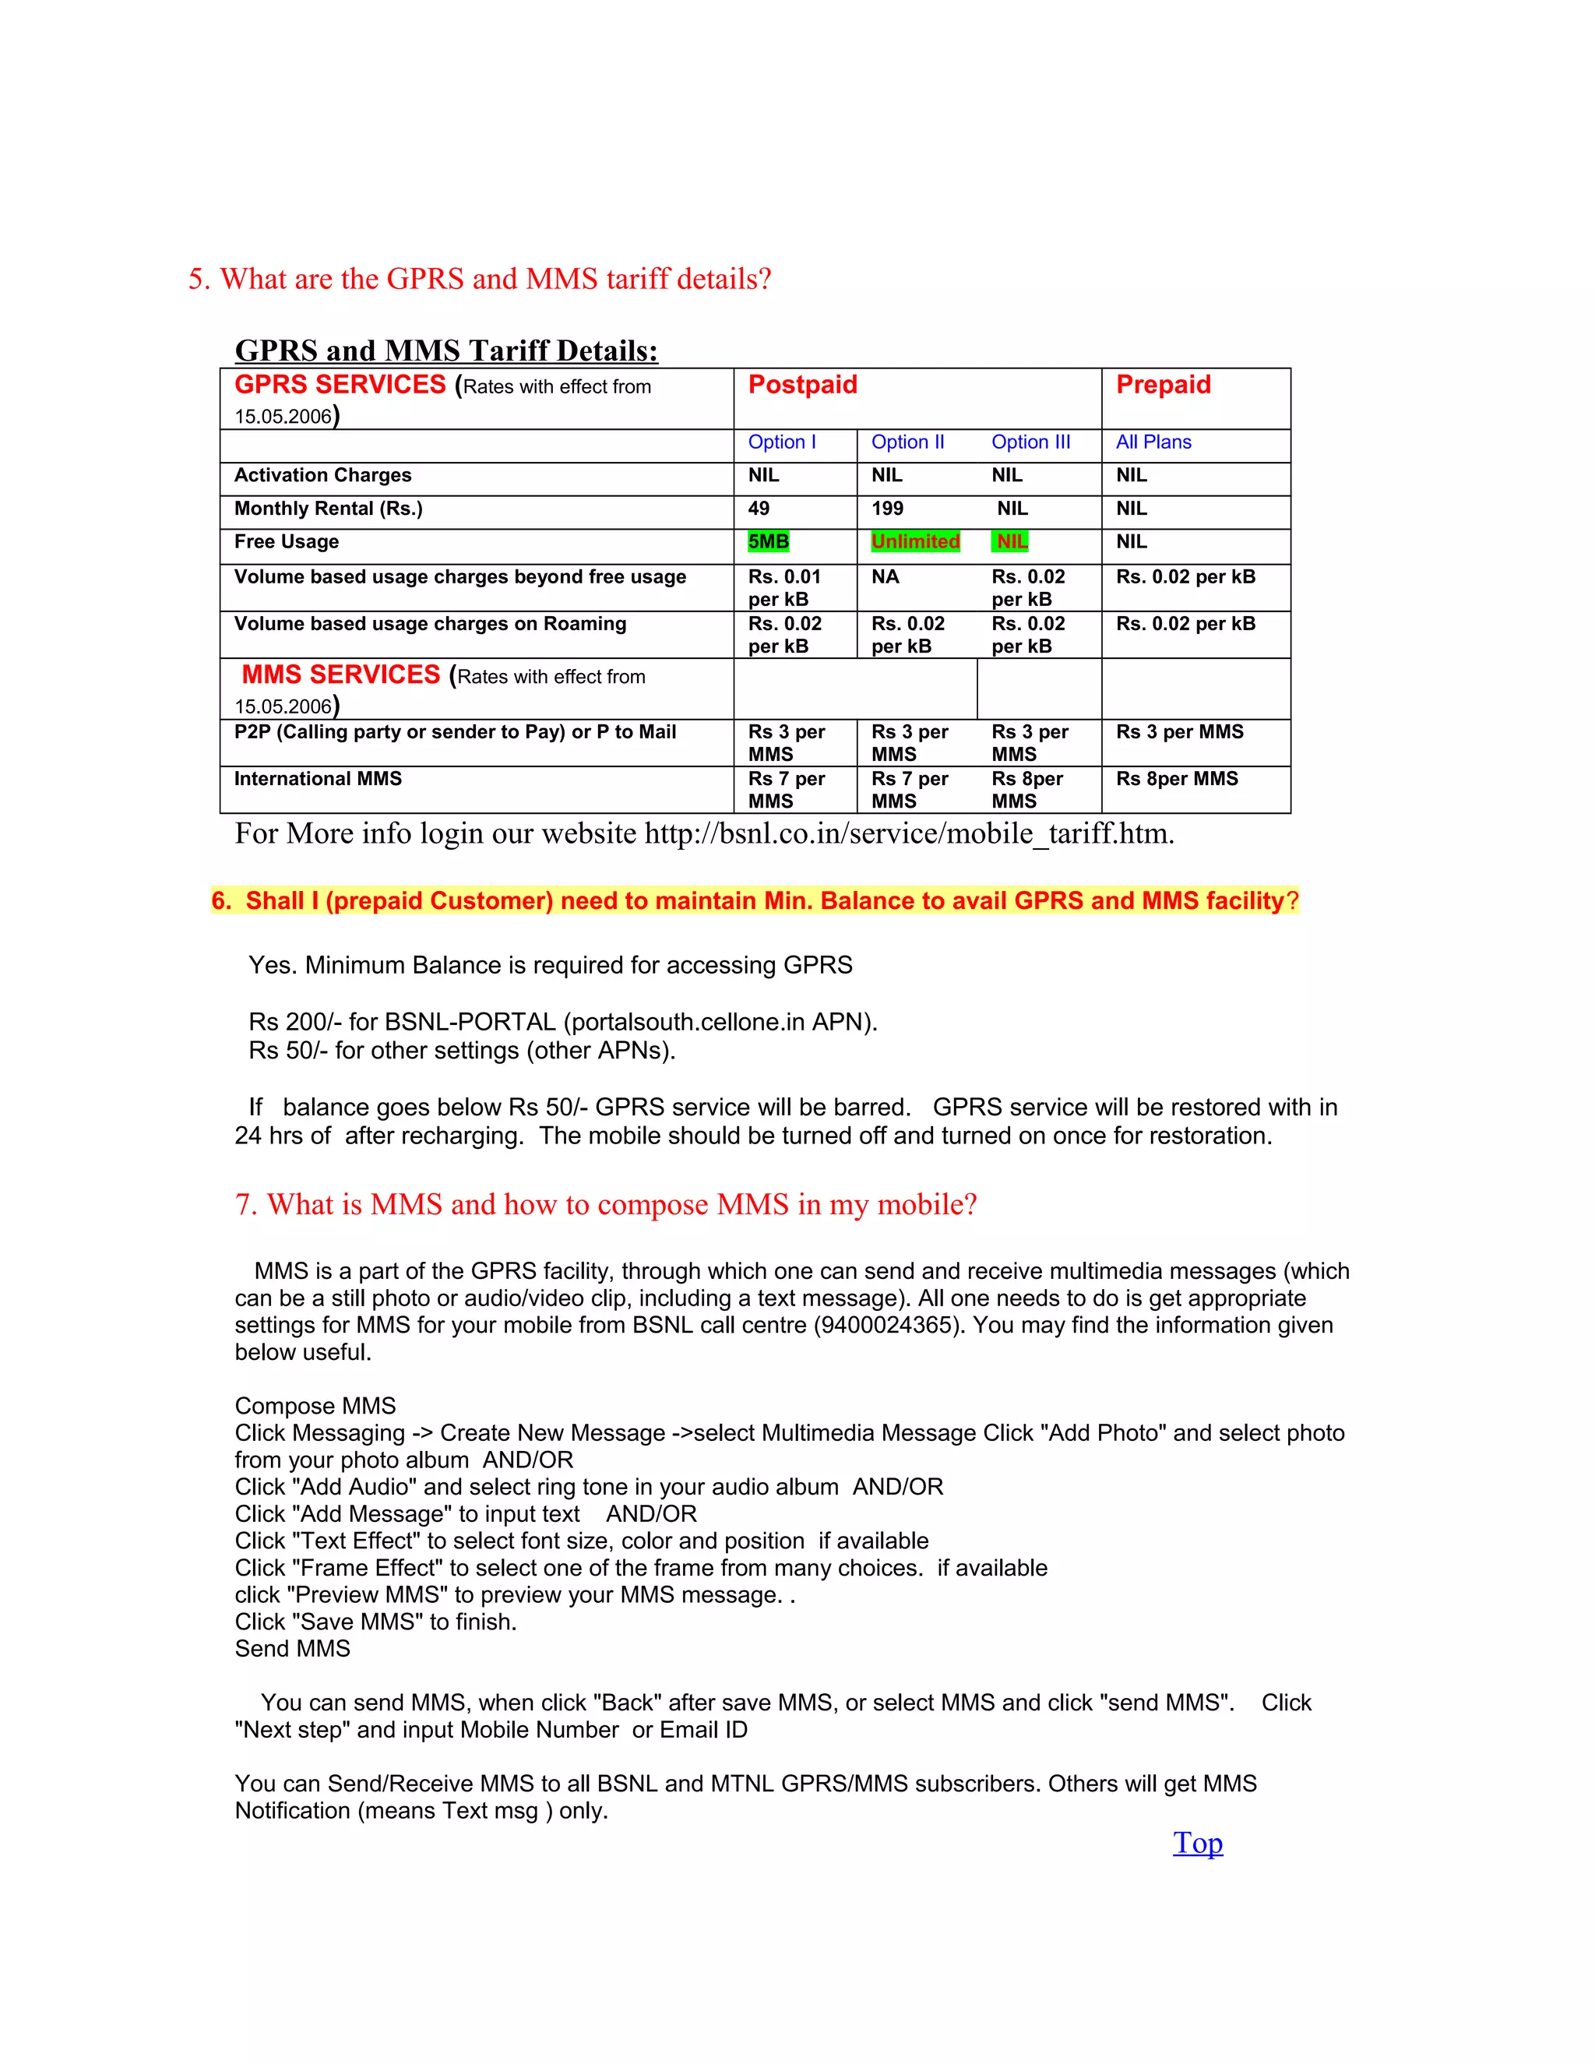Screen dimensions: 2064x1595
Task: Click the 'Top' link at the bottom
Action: [x=1197, y=1843]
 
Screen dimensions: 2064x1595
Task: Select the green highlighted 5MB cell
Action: [x=768, y=541]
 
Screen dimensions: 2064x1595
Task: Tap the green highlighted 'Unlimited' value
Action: [x=914, y=541]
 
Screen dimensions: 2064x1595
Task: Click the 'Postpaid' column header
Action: [x=802, y=385]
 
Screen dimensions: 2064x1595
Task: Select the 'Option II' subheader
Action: [x=907, y=442]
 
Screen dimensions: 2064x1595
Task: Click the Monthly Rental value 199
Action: [x=887, y=509]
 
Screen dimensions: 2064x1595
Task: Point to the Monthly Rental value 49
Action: [x=759, y=509]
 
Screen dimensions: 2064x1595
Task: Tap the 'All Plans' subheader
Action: [x=1153, y=442]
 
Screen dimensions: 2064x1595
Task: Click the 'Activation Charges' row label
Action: [x=322, y=475]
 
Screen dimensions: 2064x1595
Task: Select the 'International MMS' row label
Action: [x=318, y=779]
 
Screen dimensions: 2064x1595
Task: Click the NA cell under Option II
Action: [x=885, y=576]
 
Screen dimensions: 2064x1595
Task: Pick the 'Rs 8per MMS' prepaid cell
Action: [x=1177, y=779]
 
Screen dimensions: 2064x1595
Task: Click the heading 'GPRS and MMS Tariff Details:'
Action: [x=446, y=350]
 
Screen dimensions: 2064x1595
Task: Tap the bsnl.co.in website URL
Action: [x=908, y=833]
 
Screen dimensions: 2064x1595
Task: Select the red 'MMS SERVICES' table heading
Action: [x=340, y=674]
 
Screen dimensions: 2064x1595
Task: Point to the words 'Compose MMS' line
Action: [x=315, y=1406]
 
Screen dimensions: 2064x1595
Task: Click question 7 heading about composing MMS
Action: [x=606, y=1205]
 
